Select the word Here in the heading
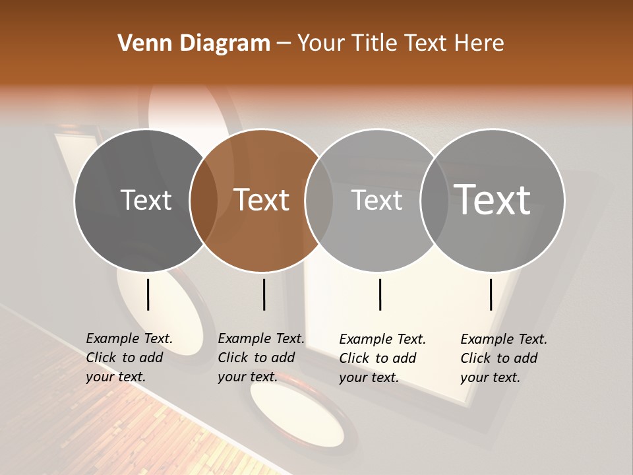480,44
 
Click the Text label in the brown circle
262,200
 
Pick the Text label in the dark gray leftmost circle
146,200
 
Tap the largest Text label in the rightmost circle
493,199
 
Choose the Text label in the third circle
377,200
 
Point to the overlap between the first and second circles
204,200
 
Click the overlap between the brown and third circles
319,200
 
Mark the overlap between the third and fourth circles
434,200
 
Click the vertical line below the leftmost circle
148,294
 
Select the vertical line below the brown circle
264,294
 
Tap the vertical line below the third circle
380,294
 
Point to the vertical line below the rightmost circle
491,294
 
